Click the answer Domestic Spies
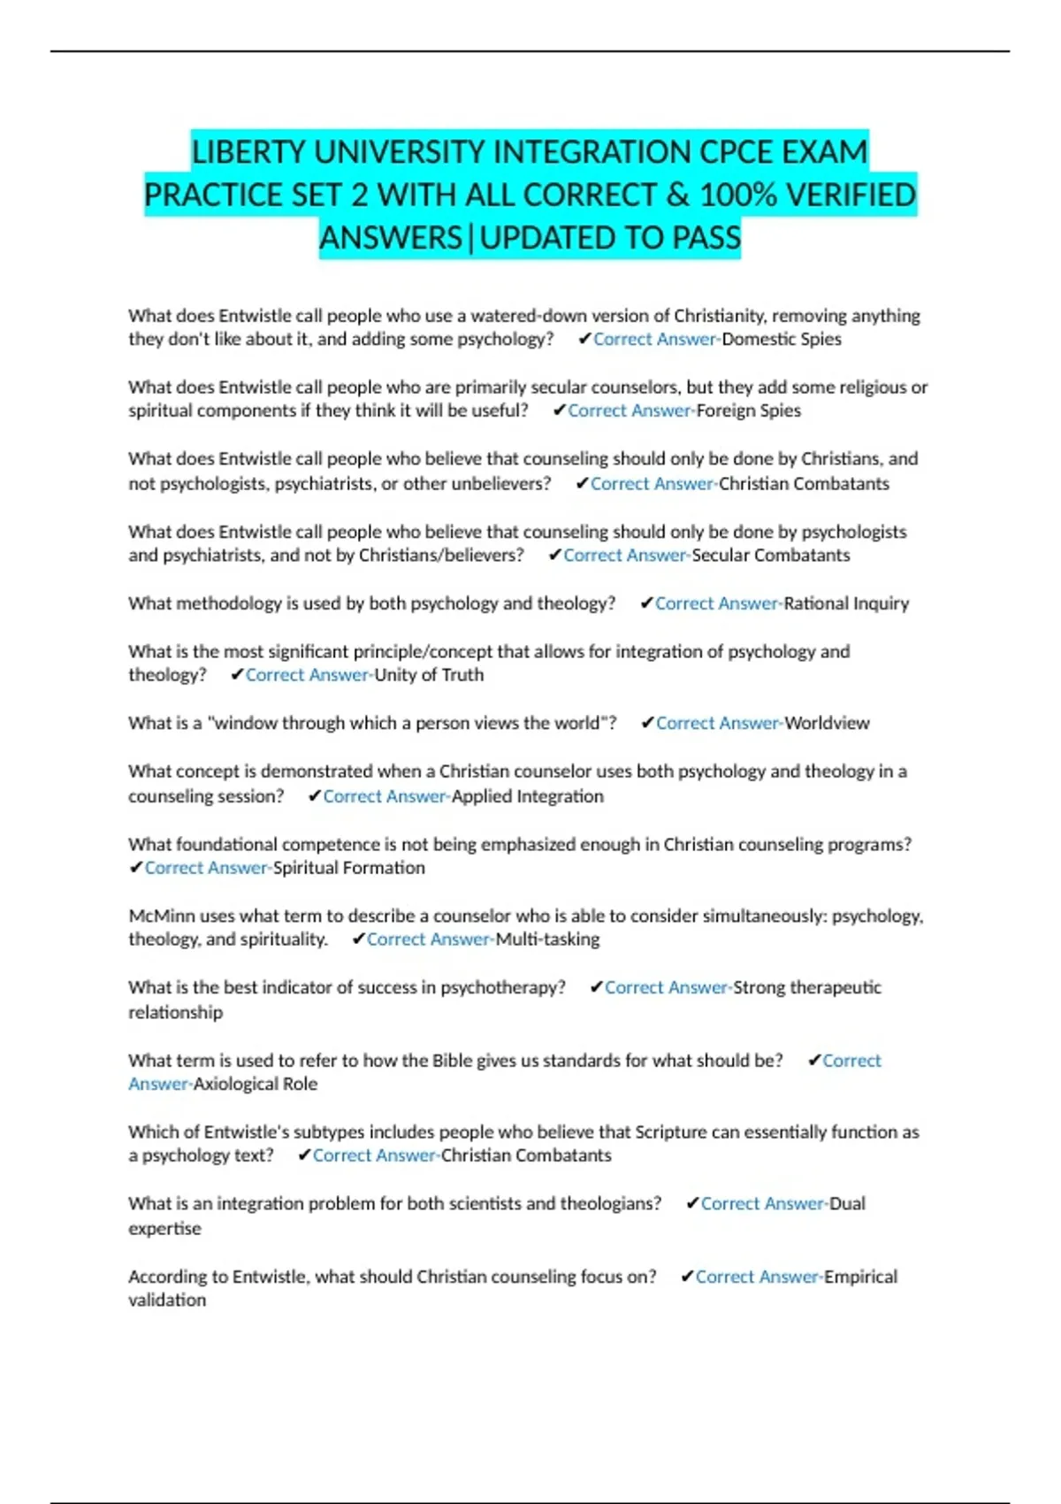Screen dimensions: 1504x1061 pos(782,339)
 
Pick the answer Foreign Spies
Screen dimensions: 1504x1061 pos(749,411)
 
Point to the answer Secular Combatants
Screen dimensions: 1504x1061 pos(771,556)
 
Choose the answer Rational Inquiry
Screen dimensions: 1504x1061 pos(846,603)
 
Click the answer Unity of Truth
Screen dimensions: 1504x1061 pos(429,675)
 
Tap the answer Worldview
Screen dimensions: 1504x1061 pos(828,724)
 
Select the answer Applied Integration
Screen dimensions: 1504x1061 pos(528,796)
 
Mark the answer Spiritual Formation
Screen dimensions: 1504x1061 pos(349,868)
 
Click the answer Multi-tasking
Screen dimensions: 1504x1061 pos(547,940)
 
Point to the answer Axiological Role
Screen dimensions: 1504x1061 pos(256,1085)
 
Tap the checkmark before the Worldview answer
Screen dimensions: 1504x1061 pos(647,724)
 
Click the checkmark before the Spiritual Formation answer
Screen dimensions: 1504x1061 pos(136,868)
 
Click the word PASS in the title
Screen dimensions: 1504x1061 pos(706,238)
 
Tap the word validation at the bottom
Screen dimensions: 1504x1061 pos(167,1301)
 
